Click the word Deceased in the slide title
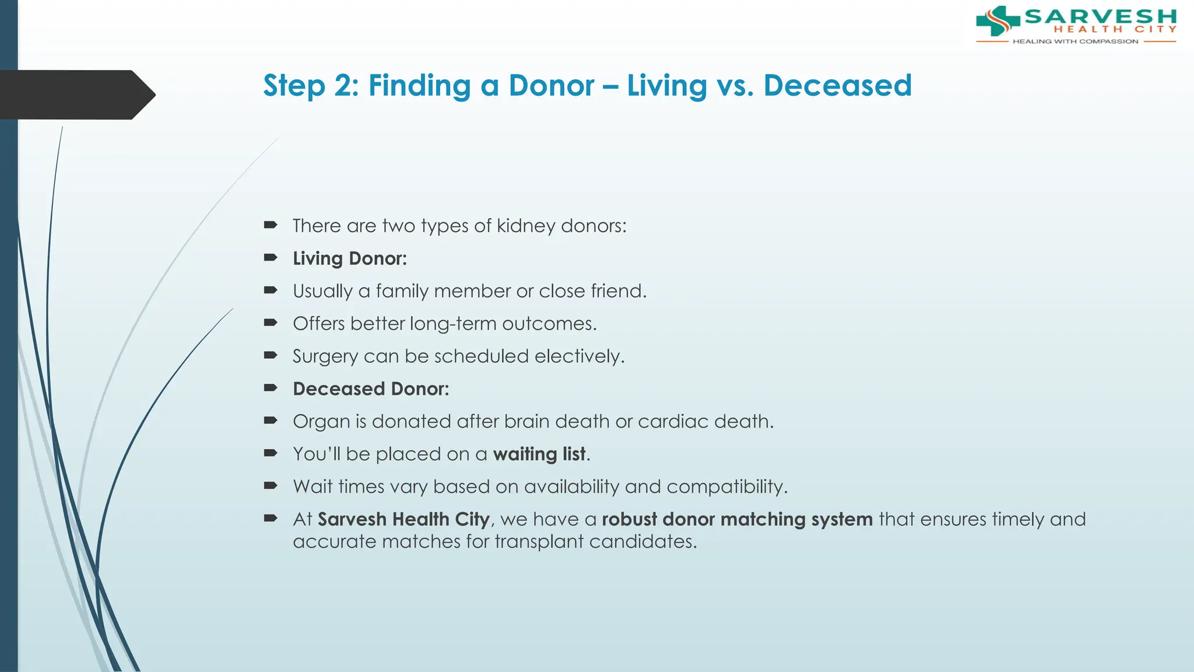coord(837,86)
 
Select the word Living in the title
coord(666,86)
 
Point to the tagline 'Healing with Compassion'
coord(1075,41)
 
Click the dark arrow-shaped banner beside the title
coord(76,94)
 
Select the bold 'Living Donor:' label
coord(350,258)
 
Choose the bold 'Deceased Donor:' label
coord(371,389)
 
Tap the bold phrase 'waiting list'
coord(539,454)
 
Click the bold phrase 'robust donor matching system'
coord(737,519)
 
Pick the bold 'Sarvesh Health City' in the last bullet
coord(403,519)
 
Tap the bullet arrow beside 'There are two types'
coord(271,225)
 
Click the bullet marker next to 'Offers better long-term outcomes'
coord(271,323)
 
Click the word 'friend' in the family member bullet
coord(617,291)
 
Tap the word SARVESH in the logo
coord(1100,16)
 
